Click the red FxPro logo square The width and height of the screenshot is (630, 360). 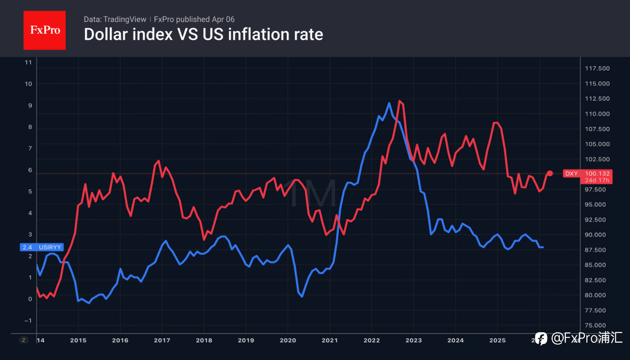coord(45,30)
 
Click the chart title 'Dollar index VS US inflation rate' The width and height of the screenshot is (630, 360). coord(203,34)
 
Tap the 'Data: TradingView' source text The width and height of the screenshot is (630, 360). coord(115,19)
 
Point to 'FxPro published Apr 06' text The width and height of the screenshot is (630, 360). coord(194,19)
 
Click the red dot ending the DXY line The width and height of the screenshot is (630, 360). coord(550,173)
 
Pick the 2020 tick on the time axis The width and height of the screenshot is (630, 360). coord(288,341)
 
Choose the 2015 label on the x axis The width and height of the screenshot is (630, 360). coord(78,341)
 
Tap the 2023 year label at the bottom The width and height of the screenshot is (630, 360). coord(413,341)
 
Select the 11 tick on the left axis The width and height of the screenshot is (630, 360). coord(28,62)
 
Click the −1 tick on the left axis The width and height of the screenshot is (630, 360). coord(28,320)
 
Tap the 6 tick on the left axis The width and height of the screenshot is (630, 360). coord(30,170)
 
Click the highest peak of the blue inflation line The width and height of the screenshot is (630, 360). coord(389,103)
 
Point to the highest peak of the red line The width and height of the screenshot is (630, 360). coord(399,101)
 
